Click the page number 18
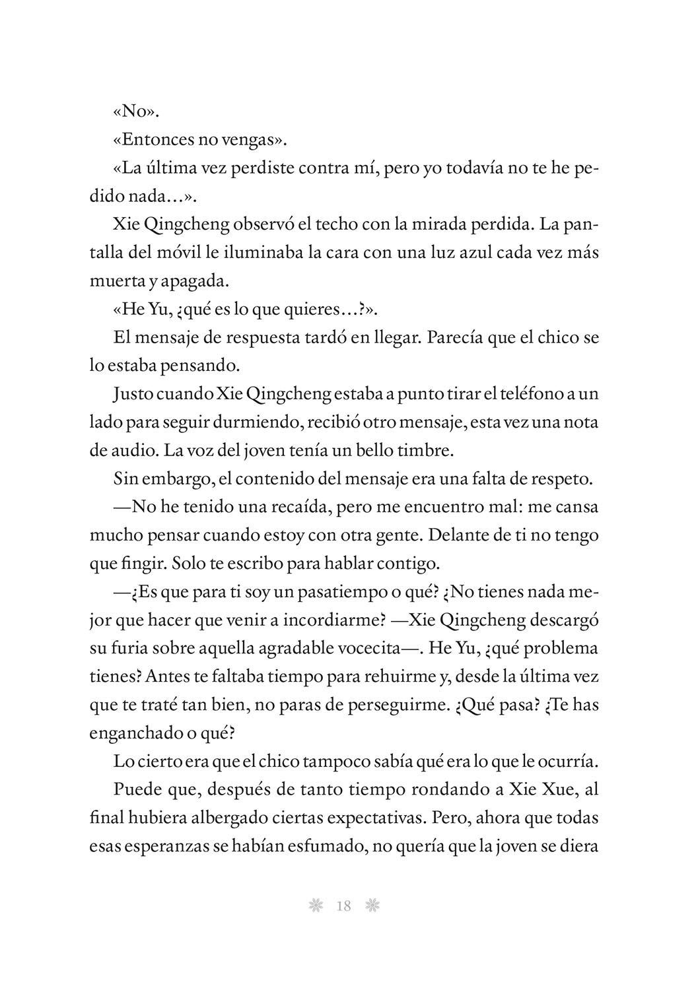pyautogui.click(x=343, y=906)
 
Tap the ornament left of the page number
pyautogui.click(x=316, y=906)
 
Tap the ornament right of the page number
pyautogui.click(x=372, y=906)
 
